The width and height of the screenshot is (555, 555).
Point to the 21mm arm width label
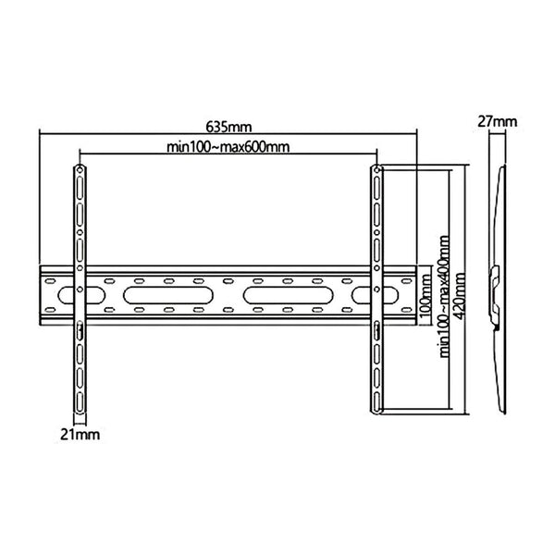pos(79,433)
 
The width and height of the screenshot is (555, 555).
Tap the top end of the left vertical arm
pos(80,169)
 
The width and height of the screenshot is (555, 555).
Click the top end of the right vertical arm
pos(376,169)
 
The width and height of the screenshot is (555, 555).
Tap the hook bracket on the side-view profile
pos(496,277)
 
